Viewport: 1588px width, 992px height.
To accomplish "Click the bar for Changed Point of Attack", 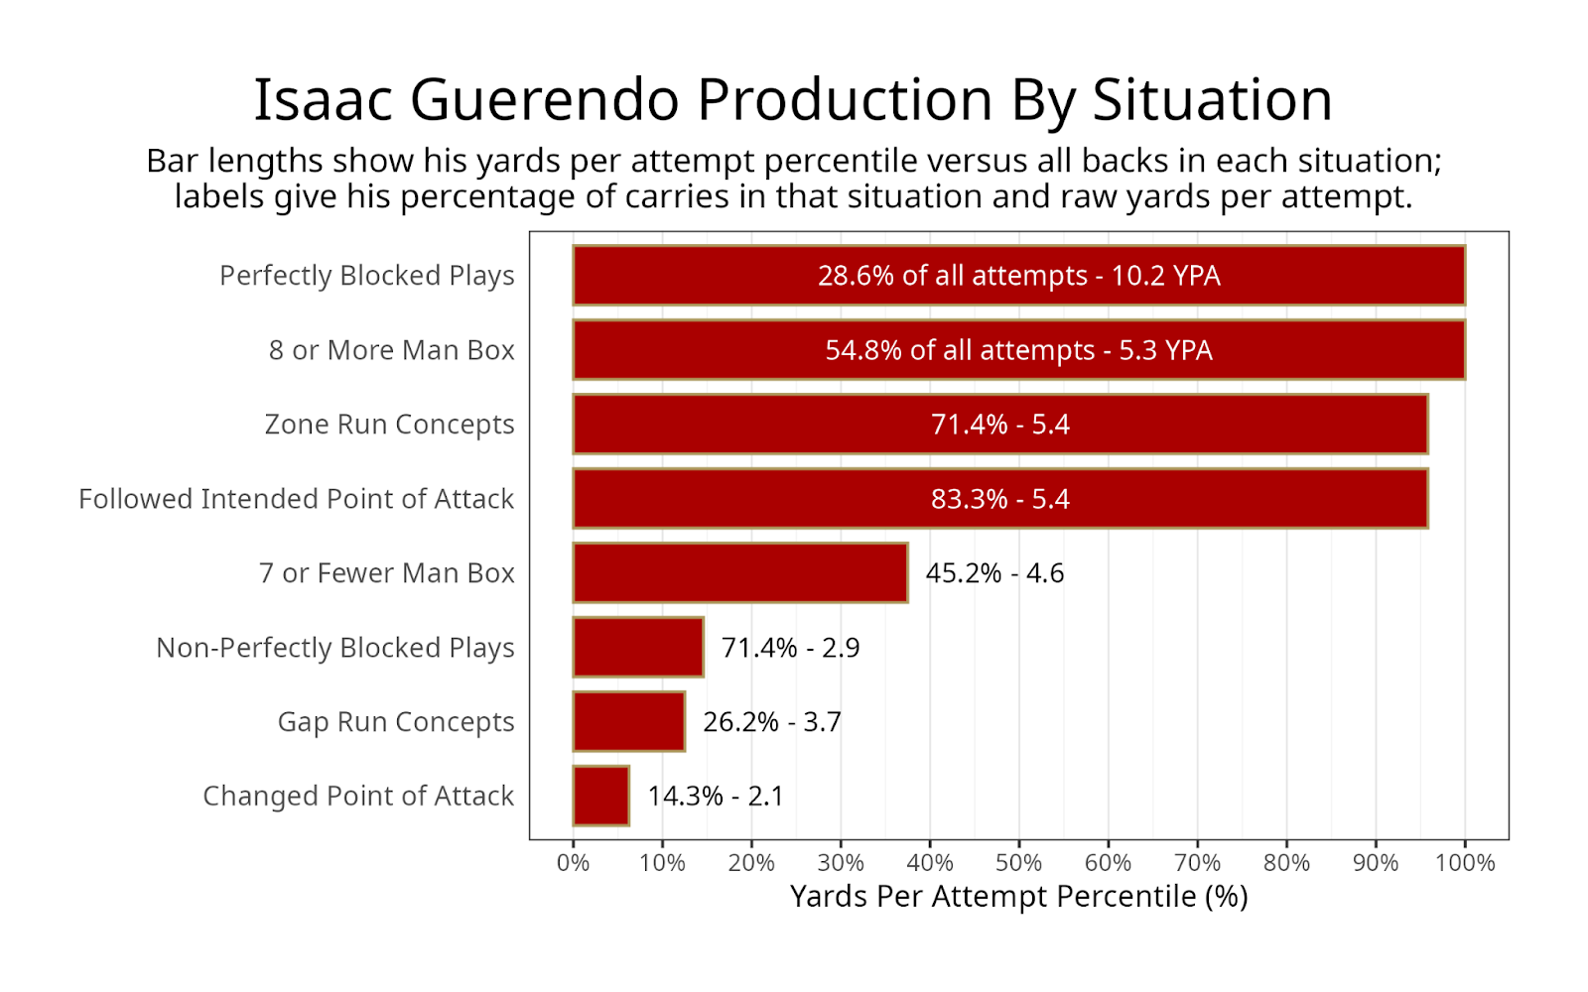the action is pyautogui.click(x=601, y=796).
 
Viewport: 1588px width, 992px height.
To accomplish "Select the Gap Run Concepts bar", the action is pyautogui.click(x=629, y=721).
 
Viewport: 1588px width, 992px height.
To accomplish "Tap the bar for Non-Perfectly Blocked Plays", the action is pyautogui.click(x=638, y=647).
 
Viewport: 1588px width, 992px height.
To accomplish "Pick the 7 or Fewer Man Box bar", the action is pyautogui.click(x=740, y=572).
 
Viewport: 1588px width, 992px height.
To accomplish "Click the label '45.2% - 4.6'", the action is pyautogui.click(x=994, y=573).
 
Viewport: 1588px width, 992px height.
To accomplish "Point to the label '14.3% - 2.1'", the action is pyautogui.click(x=716, y=797).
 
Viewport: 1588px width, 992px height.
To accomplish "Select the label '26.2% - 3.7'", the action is pyautogui.click(x=772, y=722).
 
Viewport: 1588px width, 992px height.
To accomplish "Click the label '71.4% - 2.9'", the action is pyautogui.click(x=790, y=648).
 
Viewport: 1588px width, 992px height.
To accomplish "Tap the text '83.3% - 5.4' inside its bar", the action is pyautogui.click(x=999, y=499).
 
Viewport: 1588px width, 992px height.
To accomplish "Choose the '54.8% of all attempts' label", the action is pyautogui.click(x=960, y=350).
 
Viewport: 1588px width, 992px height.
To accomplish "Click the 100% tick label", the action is pyautogui.click(x=1465, y=863).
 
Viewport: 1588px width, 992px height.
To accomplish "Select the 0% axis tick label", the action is pyautogui.click(x=573, y=863).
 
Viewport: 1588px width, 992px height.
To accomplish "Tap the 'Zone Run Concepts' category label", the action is pyautogui.click(x=389, y=425).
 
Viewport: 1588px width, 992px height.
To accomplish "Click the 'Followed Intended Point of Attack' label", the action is pyautogui.click(x=297, y=499).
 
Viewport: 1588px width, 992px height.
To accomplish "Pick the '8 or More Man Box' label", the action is pyautogui.click(x=391, y=350).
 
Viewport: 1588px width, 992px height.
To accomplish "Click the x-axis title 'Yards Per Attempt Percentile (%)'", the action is pyautogui.click(x=1018, y=897).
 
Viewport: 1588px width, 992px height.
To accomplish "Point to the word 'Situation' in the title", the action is pyautogui.click(x=1212, y=100).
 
